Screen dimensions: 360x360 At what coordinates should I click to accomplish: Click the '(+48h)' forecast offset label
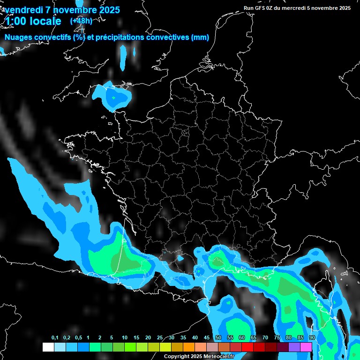(81, 21)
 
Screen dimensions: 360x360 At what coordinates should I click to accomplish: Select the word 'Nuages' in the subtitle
(18, 37)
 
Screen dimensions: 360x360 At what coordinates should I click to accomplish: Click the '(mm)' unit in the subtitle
(200, 37)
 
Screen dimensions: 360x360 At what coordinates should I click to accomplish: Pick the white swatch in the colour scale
(48, 347)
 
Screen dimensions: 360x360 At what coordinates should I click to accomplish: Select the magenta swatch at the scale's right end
(306, 347)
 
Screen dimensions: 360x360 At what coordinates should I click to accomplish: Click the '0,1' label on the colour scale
(54, 338)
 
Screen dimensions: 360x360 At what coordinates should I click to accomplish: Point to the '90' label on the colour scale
(312, 338)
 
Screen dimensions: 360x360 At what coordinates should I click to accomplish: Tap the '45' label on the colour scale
(207, 338)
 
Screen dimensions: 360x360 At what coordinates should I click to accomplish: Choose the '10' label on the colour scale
(125, 338)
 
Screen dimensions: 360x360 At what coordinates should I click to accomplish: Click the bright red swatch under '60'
(247, 347)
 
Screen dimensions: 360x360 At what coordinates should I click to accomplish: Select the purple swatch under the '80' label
(294, 347)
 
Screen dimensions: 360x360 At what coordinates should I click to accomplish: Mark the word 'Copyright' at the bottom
(176, 357)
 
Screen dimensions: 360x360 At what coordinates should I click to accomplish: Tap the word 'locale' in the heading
(45, 21)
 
